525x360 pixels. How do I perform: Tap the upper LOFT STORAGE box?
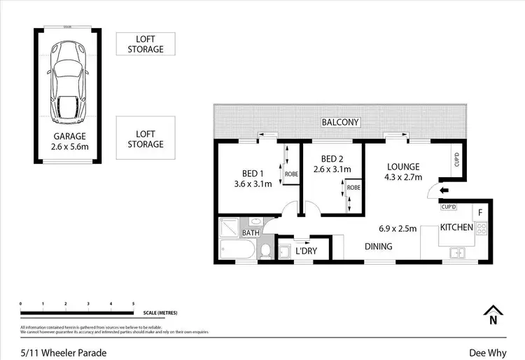click(x=146, y=44)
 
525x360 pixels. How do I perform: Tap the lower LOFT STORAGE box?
click(x=146, y=139)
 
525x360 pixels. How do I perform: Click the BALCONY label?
click(x=340, y=123)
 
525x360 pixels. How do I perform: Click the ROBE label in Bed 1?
click(x=292, y=174)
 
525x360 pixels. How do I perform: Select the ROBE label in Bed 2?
click(x=353, y=188)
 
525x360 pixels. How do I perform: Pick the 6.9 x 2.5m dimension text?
click(x=398, y=228)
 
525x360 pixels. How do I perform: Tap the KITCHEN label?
click(x=457, y=227)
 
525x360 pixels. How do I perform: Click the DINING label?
click(x=378, y=247)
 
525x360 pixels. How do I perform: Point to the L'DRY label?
click(x=307, y=251)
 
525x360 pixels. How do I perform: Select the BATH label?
click(x=251, y=233)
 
